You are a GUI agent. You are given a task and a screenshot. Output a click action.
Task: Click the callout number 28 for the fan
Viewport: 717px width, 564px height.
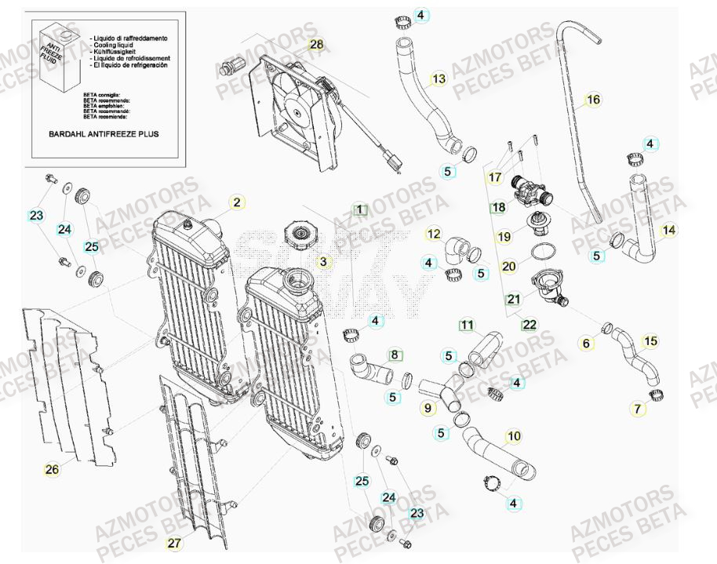coord(316,45)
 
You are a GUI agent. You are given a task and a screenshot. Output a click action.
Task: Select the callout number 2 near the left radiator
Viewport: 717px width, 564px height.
coord(236,202)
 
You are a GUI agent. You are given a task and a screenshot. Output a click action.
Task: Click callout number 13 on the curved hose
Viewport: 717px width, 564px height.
coord(439,78)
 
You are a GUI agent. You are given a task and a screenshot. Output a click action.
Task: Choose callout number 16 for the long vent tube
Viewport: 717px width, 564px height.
coord(593,100)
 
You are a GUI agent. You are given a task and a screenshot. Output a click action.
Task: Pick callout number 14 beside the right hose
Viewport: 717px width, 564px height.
coord(668,231)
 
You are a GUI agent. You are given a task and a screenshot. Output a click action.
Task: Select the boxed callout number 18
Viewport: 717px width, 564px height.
coord(499,208)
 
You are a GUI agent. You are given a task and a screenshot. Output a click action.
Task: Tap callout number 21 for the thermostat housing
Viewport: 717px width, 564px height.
coord(513,299)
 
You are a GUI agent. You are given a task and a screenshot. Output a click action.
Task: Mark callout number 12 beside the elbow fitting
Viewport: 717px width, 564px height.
coord(434,234)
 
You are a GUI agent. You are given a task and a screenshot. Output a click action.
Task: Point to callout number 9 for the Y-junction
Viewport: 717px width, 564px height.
coord(428,408)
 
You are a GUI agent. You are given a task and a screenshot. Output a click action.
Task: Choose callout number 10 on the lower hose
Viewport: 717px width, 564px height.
coord(513,436)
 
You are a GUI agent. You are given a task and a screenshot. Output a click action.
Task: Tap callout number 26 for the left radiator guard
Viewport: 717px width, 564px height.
coord(52,470)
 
